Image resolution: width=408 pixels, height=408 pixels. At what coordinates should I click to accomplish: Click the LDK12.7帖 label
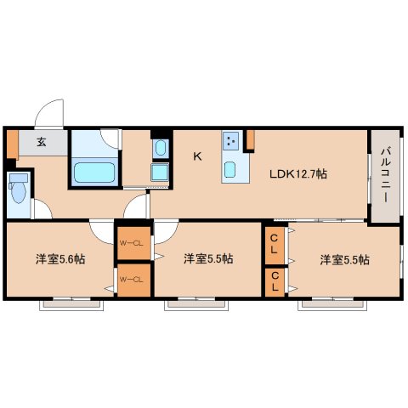(298, 173)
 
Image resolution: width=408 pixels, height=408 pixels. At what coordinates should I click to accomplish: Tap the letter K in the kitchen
(197, 156)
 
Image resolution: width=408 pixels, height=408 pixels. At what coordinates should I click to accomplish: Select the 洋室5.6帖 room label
(60, 259)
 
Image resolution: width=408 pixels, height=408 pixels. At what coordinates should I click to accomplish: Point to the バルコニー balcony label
(385, 175)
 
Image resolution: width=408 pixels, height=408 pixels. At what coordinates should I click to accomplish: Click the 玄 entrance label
(42, 142)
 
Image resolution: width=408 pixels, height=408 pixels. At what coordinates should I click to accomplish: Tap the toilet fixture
(19, 188)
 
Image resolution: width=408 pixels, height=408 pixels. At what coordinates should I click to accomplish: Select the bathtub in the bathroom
(94, 173)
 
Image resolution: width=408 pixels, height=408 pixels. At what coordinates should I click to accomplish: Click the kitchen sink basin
(229, 170)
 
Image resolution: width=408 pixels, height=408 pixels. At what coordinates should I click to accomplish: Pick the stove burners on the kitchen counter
(230, 141)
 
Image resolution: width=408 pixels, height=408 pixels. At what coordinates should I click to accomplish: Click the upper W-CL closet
(133, 243)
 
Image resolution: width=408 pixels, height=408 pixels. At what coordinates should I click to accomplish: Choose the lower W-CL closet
(133, 280)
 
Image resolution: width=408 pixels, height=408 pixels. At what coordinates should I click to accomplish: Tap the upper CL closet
(275, 245)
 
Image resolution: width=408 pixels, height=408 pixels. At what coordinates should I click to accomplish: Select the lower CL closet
(275, 282)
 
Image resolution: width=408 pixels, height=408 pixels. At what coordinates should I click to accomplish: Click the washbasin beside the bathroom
(161, 148)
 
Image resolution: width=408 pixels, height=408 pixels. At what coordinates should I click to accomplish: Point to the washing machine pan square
(160, 173)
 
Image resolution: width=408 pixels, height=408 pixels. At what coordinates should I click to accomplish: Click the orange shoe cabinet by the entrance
(13, 144)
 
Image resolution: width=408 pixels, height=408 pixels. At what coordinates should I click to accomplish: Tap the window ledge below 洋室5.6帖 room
(71, 304)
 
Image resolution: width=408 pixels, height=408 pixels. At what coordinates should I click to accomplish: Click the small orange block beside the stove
(250, 139)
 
